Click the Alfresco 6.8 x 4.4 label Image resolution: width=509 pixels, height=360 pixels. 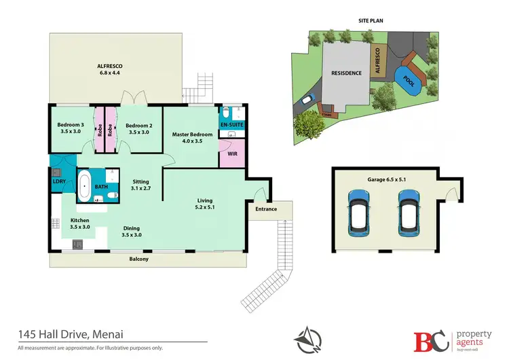click(113, 70)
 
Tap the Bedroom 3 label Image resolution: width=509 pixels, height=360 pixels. click(71, 128)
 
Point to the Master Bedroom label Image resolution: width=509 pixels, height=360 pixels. click(193, 138)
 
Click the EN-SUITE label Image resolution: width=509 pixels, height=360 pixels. click(231, 126)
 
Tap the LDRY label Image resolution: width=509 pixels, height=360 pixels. click(58, 181)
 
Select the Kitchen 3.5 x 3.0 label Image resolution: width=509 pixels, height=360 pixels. click(80, 223)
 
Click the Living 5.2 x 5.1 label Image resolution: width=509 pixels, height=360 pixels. click(205, 204)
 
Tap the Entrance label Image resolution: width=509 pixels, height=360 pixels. click(266, 209)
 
